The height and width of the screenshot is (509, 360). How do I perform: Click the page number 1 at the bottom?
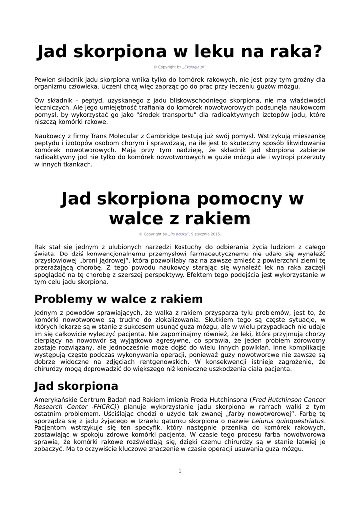180,471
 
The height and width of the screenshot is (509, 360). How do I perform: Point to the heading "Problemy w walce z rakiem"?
118,299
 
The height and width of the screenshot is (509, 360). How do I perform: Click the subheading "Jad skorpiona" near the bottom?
76,386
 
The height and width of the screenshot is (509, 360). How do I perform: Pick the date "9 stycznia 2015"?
206,234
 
